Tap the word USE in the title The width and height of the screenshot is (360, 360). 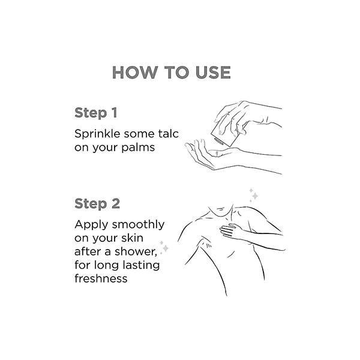click(213, 73)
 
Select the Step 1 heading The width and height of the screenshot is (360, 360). click(96, 113)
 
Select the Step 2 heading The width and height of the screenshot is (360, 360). click(97, 204)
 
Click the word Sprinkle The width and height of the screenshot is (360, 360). click(97, 134)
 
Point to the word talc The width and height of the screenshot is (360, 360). click(168, 134)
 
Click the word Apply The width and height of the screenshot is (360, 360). click(91, 225)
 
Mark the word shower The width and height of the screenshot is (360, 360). click(136, 251)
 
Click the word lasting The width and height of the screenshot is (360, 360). click(141, 265)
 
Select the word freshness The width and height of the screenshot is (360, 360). click(101, 278)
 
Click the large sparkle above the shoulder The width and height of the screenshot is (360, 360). click(255, 196)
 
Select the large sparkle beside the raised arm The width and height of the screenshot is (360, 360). click(166, 248)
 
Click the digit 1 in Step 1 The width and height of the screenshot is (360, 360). click(115, 113)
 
